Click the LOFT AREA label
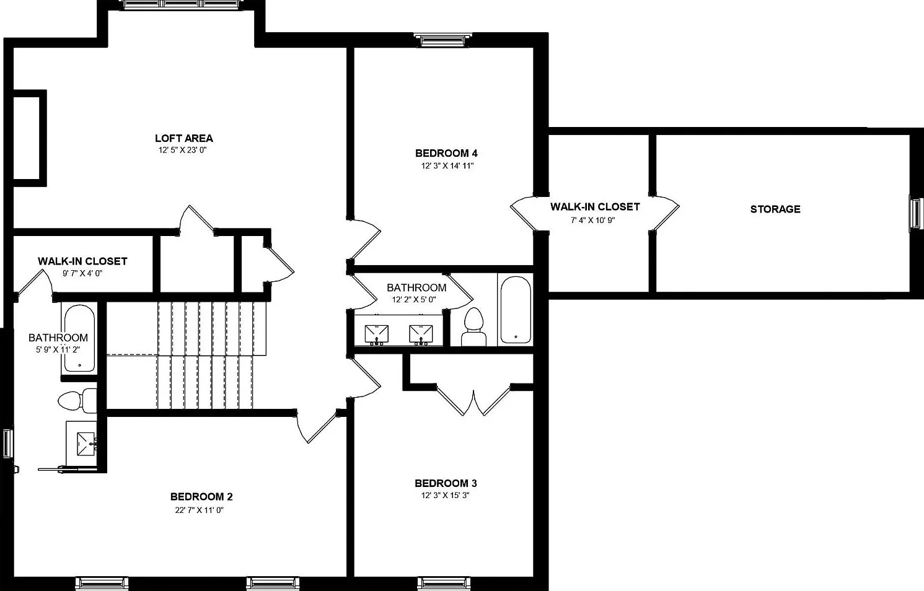pyautogui.click(x=184, y=138)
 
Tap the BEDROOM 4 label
pyautogui.click(x=446, y=154)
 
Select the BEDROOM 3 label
pyautogui.click(x=446, y=483)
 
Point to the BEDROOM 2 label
pyautogui.click(x=201, y=497)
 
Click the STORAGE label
pyautogui.click(x=775, y=209)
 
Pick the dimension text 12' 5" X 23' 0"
pyautogui.click(x=182, y=150)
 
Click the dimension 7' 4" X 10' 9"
pyautogui.click(x=593, y=221)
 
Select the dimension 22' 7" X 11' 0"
pyautogui.click(x=199, y=510)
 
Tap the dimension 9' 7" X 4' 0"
pyautogui.click(x=82, y=273)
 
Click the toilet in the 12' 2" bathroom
pyautogui.click(x=473, y=327)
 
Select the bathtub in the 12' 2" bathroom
pyautogui.click(x=516, y=310)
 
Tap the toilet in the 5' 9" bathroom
pyautogui.click(x=77, y=400)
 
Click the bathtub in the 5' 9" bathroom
pyautogui.click(x=79, y=338)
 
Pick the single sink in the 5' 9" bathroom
pyautogui.click(x=87, y=444)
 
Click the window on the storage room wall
pyautogui.click(x=915, y=213)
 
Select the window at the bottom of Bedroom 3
pyautogui.click(x=444, y=583)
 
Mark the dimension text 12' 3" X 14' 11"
pyautogui.click(x=447, y=166)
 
